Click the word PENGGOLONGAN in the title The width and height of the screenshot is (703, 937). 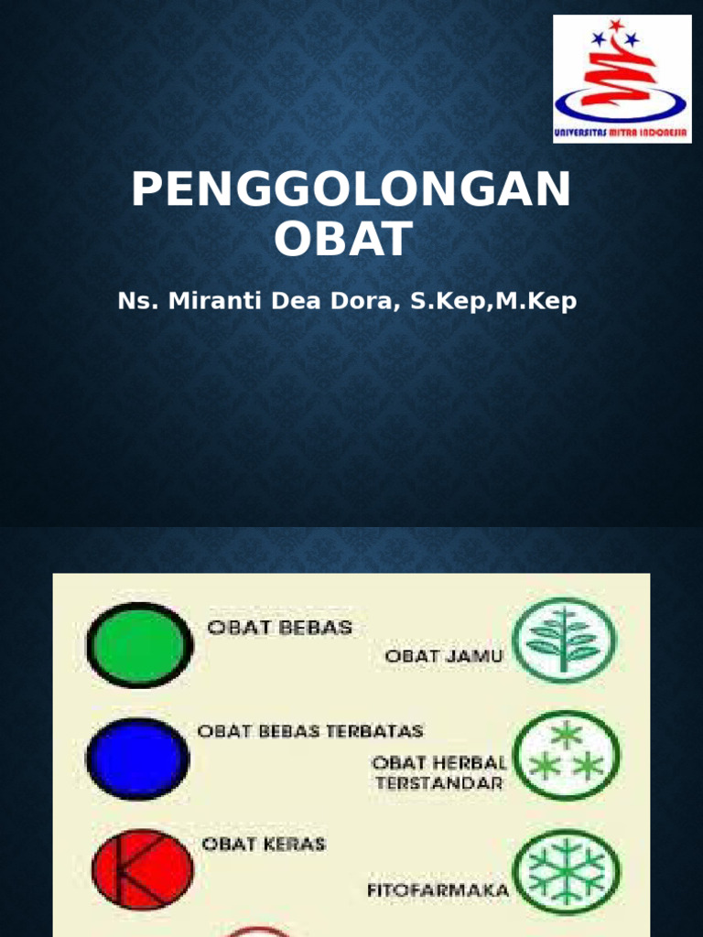coord(351,191)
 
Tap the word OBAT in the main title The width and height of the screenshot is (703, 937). coord(343,239)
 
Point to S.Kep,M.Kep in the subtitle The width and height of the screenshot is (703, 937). coord(494,302)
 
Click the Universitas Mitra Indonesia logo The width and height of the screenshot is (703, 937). coord(622,79)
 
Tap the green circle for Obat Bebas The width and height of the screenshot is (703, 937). coord(139,645)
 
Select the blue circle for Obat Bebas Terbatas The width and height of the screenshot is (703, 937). coord(137,759)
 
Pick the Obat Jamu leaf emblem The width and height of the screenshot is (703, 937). coord(565,637)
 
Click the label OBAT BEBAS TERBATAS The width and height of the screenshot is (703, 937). coord(310,731)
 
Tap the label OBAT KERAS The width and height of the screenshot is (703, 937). coord(263,844)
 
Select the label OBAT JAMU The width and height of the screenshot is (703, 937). coord(444,656)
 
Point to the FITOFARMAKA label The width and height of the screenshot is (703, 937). coord(438,889)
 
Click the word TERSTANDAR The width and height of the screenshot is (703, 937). coord(438,783)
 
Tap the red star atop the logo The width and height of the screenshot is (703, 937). coord(616,23)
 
